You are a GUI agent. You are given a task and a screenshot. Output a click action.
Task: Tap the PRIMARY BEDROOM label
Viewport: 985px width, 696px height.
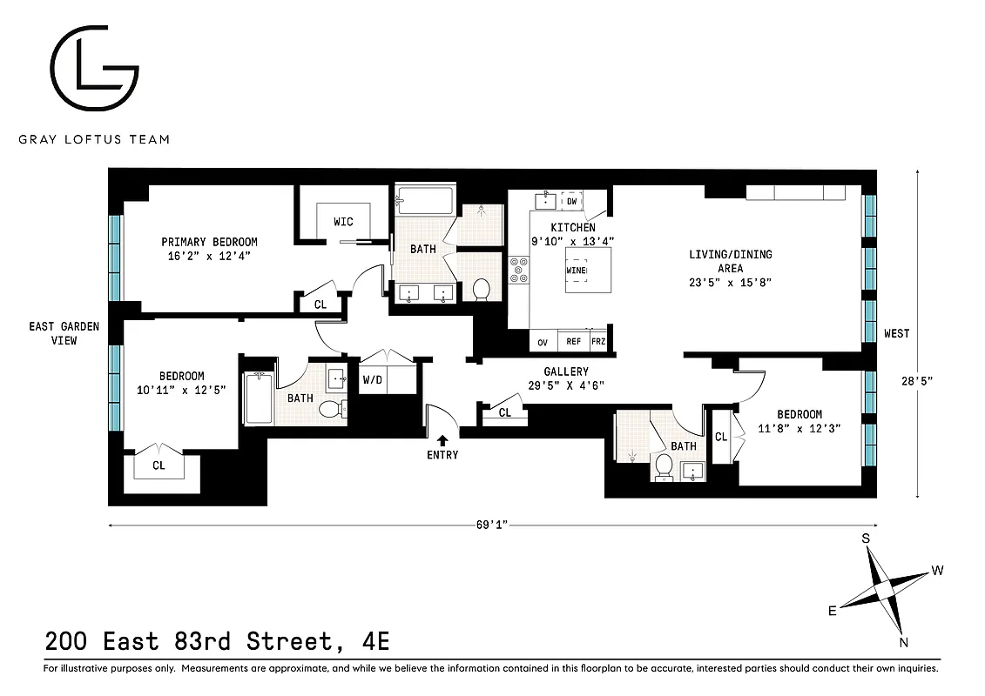tap(209, 242)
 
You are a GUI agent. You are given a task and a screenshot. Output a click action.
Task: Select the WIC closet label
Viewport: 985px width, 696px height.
tap(344, 222)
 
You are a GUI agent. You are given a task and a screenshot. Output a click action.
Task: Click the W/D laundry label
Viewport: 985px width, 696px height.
tap(372, 379)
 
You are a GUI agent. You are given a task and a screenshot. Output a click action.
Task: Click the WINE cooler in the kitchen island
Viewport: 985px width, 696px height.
tap(576, 270)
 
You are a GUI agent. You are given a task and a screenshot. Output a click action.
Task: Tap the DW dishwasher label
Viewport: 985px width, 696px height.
tap(572, 201)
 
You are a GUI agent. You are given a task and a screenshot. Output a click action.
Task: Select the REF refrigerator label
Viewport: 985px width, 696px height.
tap(573, 342)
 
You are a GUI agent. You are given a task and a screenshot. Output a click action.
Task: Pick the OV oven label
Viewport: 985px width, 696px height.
tap(543, 342)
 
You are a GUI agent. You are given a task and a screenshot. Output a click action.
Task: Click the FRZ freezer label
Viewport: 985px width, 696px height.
tap(598, 342)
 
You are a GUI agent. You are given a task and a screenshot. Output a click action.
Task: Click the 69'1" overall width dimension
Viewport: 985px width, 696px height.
tap(492, 525)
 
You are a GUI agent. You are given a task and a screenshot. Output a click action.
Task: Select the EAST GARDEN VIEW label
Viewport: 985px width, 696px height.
tap(64, 333)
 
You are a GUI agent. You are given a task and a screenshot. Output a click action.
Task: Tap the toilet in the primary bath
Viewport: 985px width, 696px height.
tap(482, 288)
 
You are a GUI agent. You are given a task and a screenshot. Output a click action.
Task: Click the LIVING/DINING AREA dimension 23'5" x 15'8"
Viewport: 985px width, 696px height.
tap(731, 282)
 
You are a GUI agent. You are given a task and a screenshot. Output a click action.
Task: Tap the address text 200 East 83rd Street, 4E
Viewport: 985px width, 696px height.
tap(217, 642)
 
